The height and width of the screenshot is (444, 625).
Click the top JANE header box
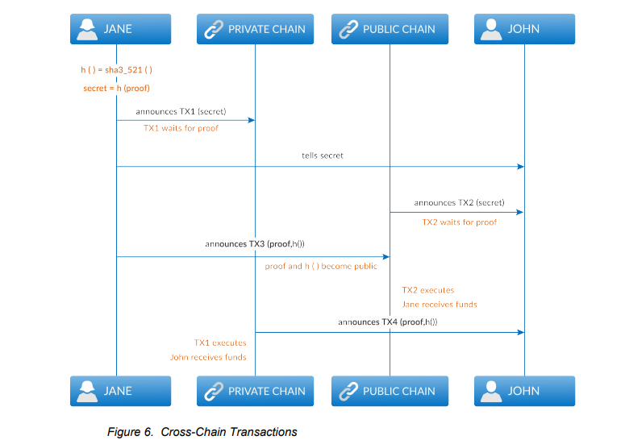[x=120, y=29]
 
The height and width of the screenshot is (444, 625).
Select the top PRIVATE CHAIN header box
[x=255, y=29]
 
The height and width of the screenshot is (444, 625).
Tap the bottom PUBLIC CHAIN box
[x=390, y=391]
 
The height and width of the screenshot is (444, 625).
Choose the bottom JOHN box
[x=524, y=391]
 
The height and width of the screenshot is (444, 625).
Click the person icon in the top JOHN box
[x=491, y=29]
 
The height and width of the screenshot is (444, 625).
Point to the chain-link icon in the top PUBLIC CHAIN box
[x=348, y=30]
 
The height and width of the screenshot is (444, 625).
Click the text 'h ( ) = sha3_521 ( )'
[x=116, y=70]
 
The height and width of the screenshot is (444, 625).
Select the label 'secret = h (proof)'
[x=116, y=88]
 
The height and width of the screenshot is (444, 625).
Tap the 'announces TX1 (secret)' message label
[x=181, y=111]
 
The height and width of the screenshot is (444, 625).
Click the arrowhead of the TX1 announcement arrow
[x=252, y=120]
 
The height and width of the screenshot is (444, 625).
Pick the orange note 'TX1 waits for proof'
[x=181, y=128]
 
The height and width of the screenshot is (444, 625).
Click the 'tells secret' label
[x=323, y=156]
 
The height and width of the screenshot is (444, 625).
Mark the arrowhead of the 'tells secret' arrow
[x=521, y=167]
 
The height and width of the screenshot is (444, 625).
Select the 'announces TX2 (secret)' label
[x=459, y=203]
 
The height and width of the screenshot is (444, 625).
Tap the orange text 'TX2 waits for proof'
[x=460, y=222]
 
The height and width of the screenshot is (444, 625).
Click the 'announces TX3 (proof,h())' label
[x=255, y=244]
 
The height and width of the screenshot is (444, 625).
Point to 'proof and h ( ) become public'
[x=321, y=266]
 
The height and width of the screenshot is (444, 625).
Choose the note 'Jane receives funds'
[x=440, y=305]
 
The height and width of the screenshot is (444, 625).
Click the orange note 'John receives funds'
[x=208, y=357]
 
